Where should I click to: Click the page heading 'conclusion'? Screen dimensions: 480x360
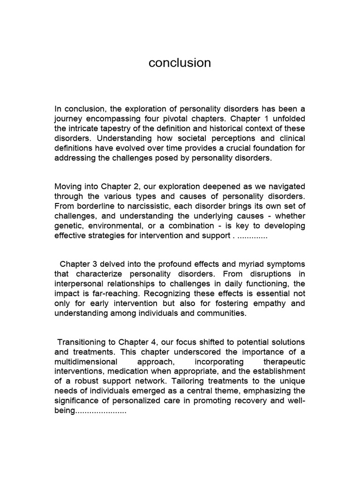tap(180, 63)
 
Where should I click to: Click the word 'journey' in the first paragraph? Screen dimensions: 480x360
tap(68, 119)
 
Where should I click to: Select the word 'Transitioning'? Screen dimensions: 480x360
tap(82, 342)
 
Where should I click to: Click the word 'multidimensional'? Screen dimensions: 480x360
tap(84, 362)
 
